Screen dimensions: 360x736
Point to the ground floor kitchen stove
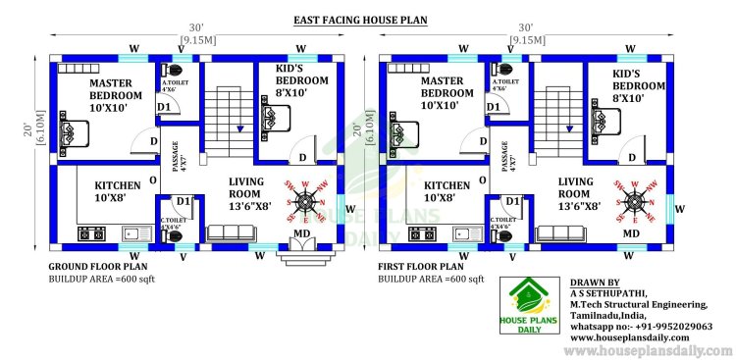[x=91, y=233]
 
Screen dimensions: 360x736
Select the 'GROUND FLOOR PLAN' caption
[x=98, y=266]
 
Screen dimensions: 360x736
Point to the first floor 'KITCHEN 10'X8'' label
[x=447, y=190]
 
